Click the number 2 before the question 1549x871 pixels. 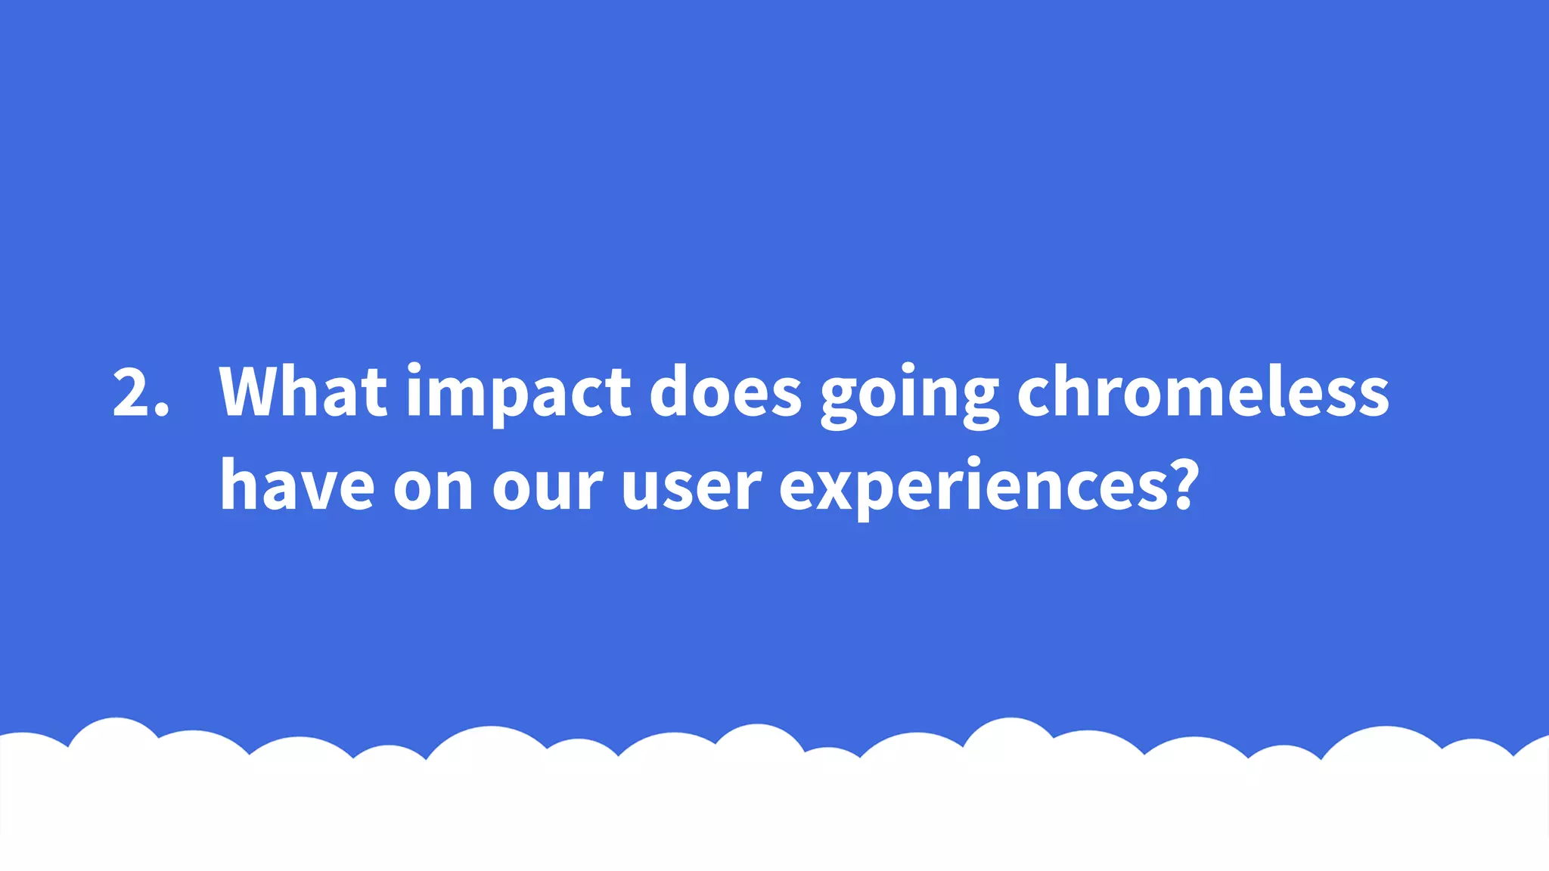[x=130, y=392]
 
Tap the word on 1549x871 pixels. [x=433, y=488]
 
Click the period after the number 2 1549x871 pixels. [x=161, y=410]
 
